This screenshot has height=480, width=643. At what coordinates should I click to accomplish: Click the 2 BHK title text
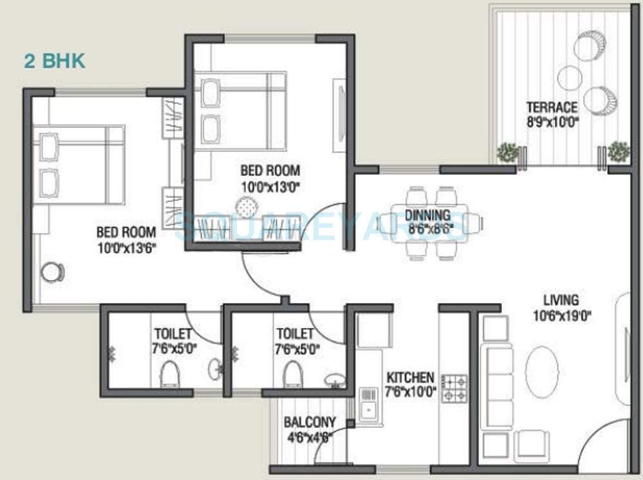tap(55, 62)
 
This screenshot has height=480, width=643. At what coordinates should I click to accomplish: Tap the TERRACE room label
tap(552, 107)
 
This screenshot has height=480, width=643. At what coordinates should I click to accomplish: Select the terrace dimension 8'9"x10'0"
tap(552, 120)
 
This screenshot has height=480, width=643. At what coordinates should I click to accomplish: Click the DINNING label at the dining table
tap(428, 215)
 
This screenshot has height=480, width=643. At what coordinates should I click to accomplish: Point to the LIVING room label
tap(561, 300)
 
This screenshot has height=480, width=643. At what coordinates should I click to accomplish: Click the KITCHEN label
tap(410, 378)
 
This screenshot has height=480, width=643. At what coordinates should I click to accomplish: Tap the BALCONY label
tap(310, 423)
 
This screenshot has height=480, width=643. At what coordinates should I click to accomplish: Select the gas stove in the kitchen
tap(454, 388)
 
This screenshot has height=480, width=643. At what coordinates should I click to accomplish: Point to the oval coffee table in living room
tap(542, 373)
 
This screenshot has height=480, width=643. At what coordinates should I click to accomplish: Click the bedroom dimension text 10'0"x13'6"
tap(126, 246)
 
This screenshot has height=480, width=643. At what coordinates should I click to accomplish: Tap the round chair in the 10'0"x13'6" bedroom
tap(52, 272)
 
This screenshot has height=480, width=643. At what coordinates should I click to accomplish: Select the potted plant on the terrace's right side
tap(618, 152)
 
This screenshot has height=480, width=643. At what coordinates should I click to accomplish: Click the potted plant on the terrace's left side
tap(507, 152)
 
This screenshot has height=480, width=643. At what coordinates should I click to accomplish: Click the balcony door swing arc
tap(331, 447)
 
